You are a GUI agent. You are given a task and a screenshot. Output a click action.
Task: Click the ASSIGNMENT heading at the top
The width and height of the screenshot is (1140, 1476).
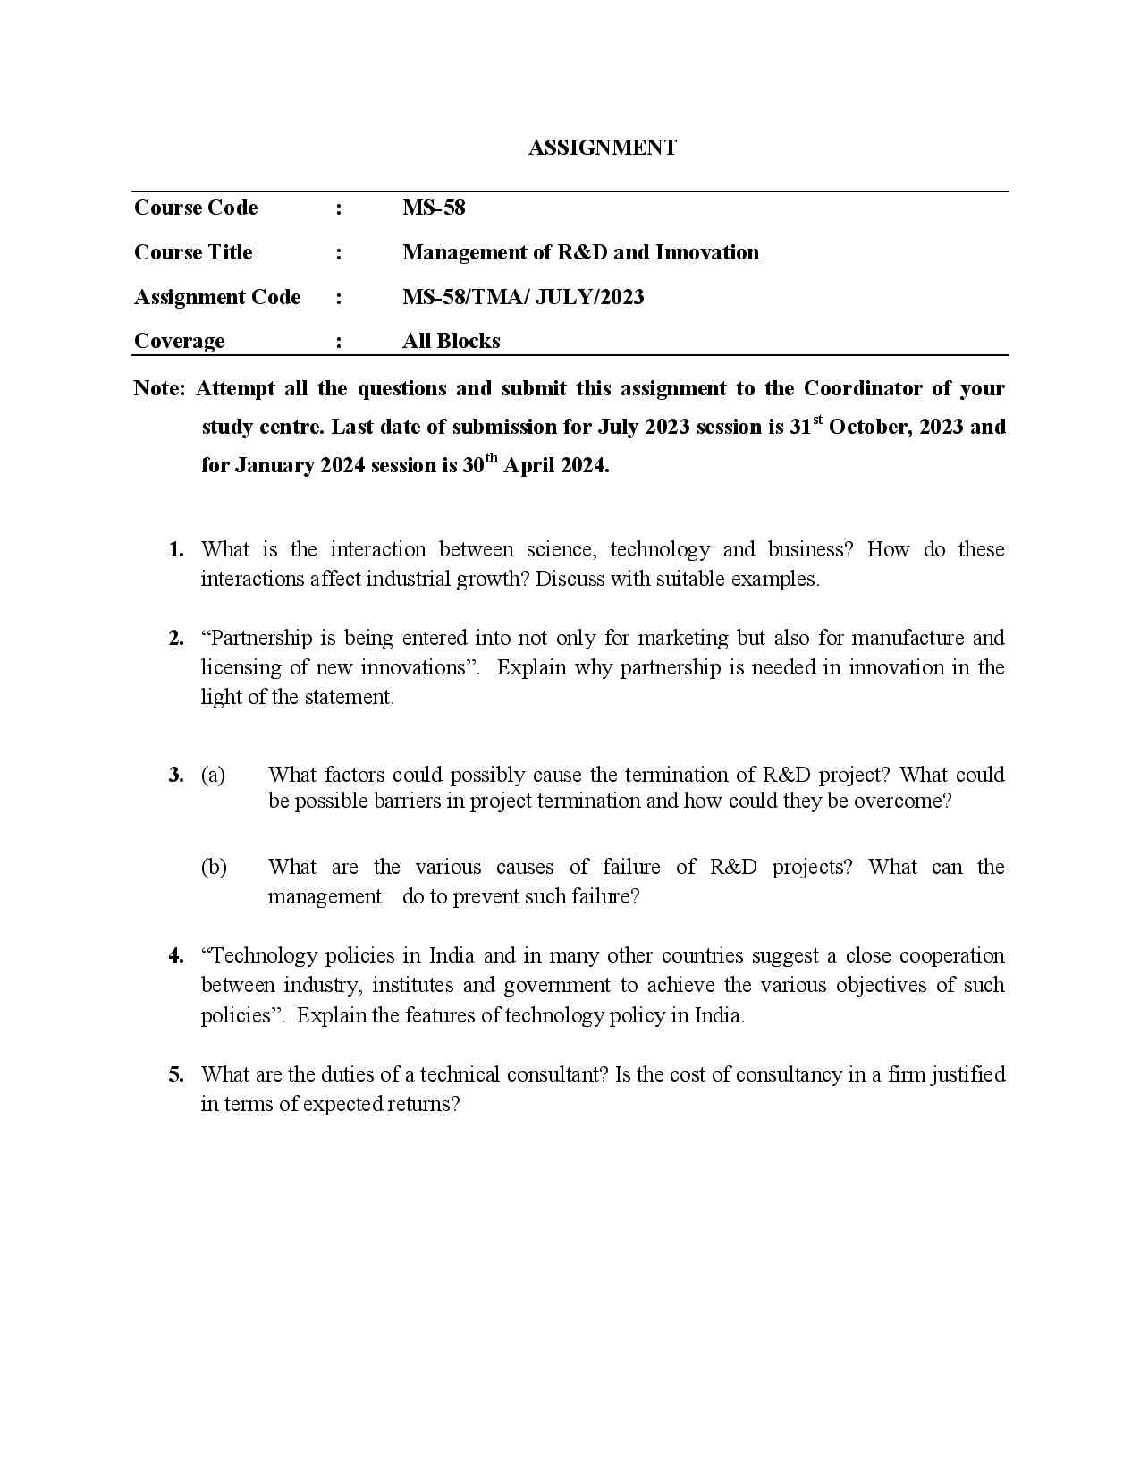[602, 148]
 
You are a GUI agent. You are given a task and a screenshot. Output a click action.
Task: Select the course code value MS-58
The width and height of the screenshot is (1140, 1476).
[434, 208]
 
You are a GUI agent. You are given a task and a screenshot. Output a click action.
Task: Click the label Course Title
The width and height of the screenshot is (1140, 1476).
[193, 252]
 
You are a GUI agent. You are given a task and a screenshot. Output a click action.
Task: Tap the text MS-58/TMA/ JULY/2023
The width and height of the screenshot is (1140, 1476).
[523, 297]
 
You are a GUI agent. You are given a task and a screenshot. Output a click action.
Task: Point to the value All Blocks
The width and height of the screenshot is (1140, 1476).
[451, 341]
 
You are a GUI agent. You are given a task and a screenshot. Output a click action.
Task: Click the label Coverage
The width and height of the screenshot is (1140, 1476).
[179, 341]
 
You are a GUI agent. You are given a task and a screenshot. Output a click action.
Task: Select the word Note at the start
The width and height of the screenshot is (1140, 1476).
[158, 388]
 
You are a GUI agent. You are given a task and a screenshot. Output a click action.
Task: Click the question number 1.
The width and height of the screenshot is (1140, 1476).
[176, 549]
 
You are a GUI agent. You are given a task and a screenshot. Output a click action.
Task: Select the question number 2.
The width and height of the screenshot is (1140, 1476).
[176, 638]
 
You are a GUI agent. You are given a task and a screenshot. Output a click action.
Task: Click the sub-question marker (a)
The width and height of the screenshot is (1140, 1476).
[213, 775]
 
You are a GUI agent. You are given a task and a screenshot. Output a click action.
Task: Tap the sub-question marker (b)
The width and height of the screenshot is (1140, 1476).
[214, 867]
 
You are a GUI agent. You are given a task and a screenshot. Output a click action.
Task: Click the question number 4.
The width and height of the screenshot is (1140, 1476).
[176, 955]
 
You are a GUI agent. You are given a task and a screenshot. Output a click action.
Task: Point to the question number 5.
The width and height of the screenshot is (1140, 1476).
[176, 1074]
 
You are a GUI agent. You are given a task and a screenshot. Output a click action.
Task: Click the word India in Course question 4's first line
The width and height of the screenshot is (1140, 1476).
[452, 955]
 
